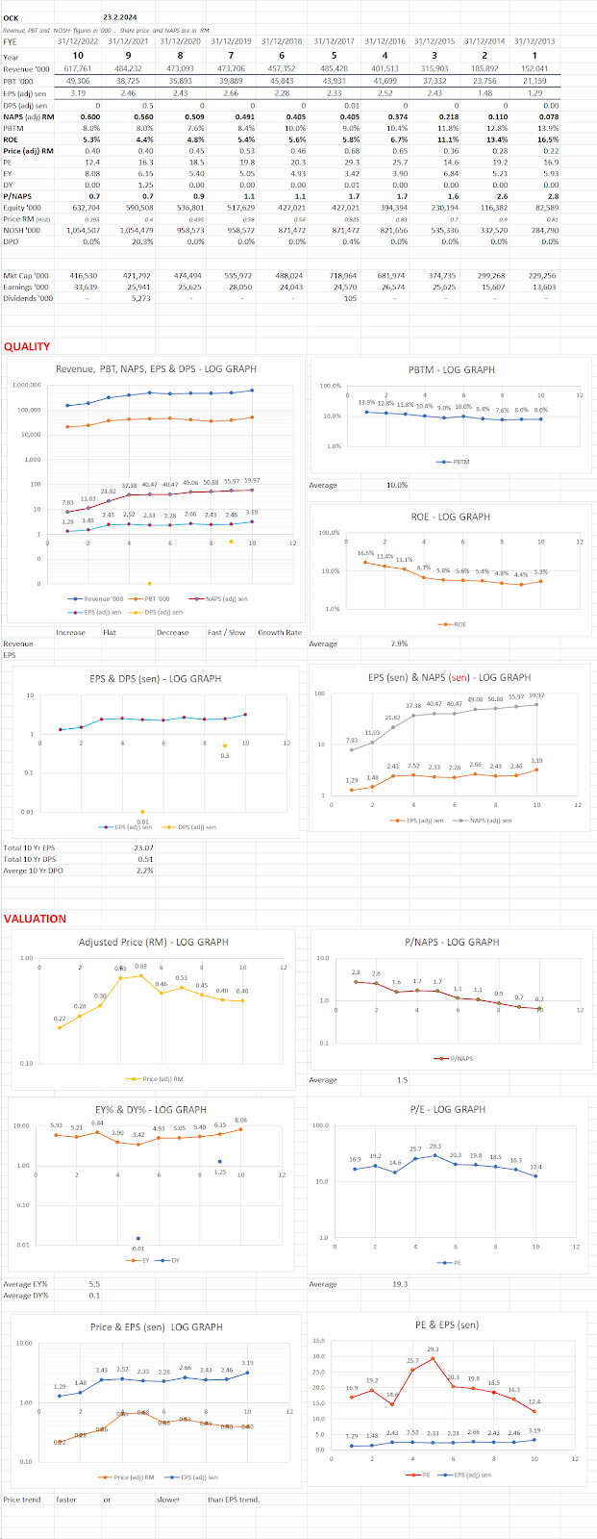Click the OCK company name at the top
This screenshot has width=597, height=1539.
[11, 17]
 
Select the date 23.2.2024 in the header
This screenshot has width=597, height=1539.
[120, 17]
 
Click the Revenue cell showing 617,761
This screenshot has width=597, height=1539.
[77, 69]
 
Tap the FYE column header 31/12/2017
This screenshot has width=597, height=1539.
[332, 41]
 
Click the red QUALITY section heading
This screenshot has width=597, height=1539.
[27, 346]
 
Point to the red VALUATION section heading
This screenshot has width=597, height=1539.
[35, 919]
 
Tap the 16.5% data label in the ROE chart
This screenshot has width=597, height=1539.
[366, 553]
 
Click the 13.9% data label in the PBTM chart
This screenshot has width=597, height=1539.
[366, 402]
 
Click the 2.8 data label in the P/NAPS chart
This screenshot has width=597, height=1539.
[356, 972]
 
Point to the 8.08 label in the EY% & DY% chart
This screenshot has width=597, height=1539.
[241, 1120]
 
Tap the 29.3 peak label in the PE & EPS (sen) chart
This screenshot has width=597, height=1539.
[433, 1349]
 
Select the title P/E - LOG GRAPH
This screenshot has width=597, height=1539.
[445, 1109]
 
